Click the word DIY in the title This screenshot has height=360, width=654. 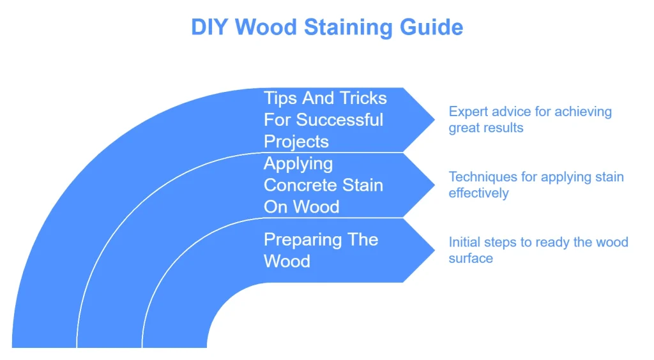pos(209,27)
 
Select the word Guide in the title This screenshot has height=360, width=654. pos(434,27)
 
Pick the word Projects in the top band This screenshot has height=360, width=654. pos(296,142)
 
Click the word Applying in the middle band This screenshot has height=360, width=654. pos(298,164)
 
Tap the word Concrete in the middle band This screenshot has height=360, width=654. pos(301,186)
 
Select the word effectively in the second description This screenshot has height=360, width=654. pos(478,193)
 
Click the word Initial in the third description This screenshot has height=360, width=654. pos(464,243)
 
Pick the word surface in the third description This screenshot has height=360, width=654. pos(471,258)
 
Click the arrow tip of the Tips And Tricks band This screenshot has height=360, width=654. pos(434,120)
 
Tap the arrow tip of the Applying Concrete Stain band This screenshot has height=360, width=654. pos(434,185)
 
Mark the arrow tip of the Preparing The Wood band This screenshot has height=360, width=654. pos(434,250)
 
